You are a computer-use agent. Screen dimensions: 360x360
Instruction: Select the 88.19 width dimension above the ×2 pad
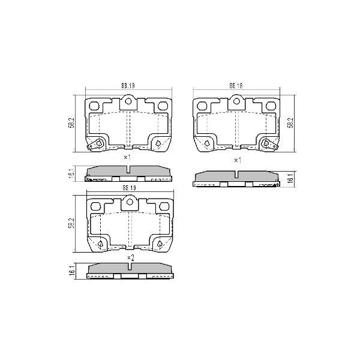click(128, 188)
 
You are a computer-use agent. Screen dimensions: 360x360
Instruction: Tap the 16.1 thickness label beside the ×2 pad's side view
click(71, 272)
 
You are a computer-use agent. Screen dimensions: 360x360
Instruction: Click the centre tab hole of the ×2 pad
click(129, 203)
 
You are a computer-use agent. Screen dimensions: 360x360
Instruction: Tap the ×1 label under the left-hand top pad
click(127, 157)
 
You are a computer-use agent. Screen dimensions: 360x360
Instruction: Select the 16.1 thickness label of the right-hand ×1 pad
click(290, 179)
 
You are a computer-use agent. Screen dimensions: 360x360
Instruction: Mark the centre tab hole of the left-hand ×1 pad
click(128, 103)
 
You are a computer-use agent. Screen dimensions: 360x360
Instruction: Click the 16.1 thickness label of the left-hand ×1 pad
click(71, 174)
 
